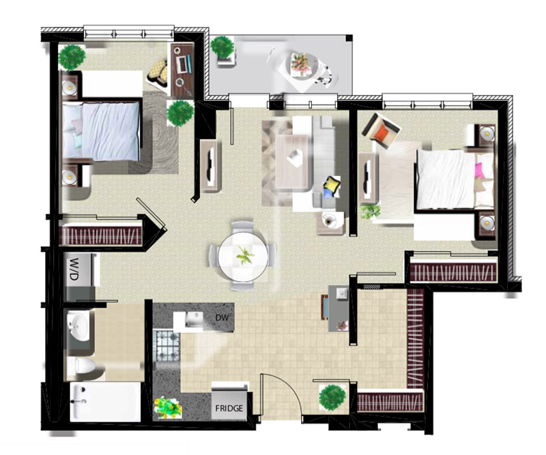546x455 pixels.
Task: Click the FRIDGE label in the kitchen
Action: pos(229,408)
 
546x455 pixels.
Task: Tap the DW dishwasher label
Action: pos(222,317)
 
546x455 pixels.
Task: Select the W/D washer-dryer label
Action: pos(74,269)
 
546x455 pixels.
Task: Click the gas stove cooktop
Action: pos(167,346)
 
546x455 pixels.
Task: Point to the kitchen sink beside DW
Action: pos(194,319)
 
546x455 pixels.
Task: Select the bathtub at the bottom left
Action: pos(105,402)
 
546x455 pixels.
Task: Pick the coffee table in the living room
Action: pos(292,162)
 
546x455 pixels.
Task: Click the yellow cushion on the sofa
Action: pos(331,184)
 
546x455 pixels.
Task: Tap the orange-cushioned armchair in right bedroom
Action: pos(381,130)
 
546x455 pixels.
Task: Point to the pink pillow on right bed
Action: pos(480,170)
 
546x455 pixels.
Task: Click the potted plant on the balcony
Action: pos(222,47)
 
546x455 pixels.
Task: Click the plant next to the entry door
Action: pos(333,397)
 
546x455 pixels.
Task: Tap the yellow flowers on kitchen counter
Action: pos(167,407)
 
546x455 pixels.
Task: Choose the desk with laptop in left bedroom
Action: pos(182,70)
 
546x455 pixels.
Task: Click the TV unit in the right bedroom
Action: pos(368,177)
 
